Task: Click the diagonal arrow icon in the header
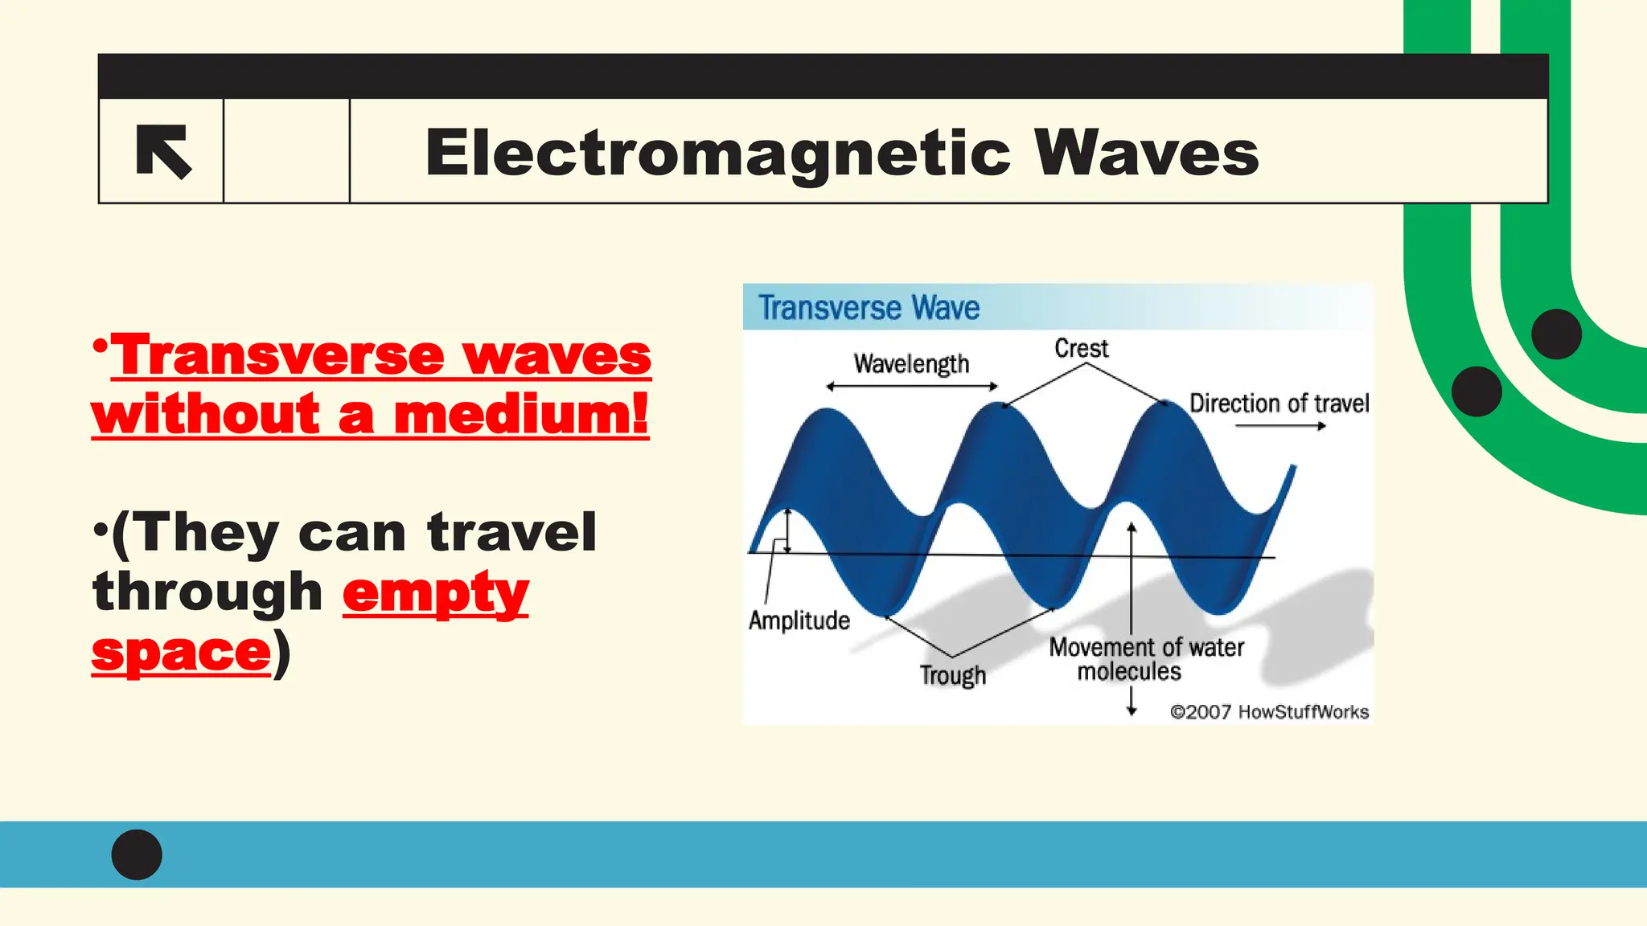pos(163,152)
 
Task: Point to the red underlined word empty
pos(435,594)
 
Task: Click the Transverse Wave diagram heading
pos(869,308)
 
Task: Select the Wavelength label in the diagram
pos(911,364)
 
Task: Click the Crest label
pos(1081,348)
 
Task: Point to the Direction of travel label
pos(1279,403)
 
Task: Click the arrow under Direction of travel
pos(1279,426)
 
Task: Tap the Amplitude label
pos(799,621)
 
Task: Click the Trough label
pos(952,675)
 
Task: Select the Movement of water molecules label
pos(1145,659)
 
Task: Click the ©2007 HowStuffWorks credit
pos(1268,712)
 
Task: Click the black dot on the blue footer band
pos(137,854)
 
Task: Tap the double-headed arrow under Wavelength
pos(911,387)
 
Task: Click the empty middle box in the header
pos(286,151)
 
